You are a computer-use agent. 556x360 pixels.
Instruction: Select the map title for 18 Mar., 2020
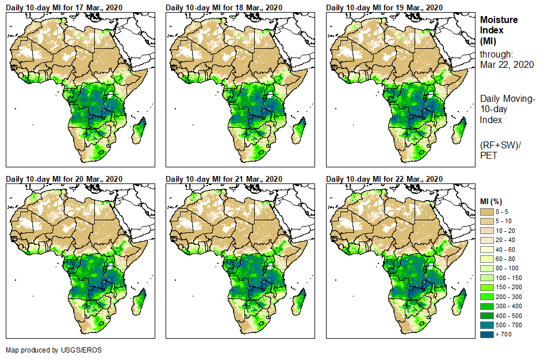(x=224, y=7)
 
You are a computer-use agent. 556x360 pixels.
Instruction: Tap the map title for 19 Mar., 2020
(x=384, y=7)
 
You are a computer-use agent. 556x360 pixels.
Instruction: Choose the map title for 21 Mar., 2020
(x=224, y=178)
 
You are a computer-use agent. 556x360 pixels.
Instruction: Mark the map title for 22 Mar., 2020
(x=384, y=178)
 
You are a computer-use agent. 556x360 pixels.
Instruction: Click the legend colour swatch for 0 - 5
(x=488, y=212)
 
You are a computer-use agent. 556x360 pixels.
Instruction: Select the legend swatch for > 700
(x=488, y=334)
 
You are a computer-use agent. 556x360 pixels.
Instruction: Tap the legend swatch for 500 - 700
(x=488, y=325)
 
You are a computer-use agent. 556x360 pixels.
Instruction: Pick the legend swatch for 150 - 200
(x=488, y=287)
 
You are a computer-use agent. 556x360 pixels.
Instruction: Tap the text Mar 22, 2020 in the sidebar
(x=507, y=64)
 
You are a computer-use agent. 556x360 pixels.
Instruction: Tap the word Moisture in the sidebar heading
(x=499, y=20)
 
